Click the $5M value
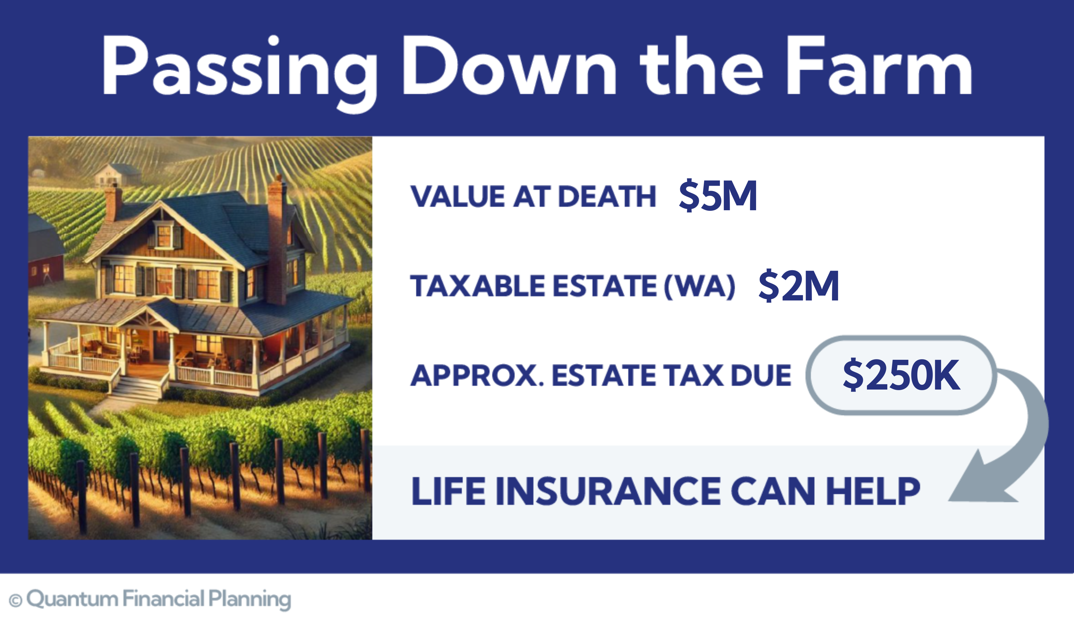(718, 196)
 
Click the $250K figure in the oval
(901, 375)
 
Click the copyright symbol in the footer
(15, 600)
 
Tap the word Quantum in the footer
(72, 599)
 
